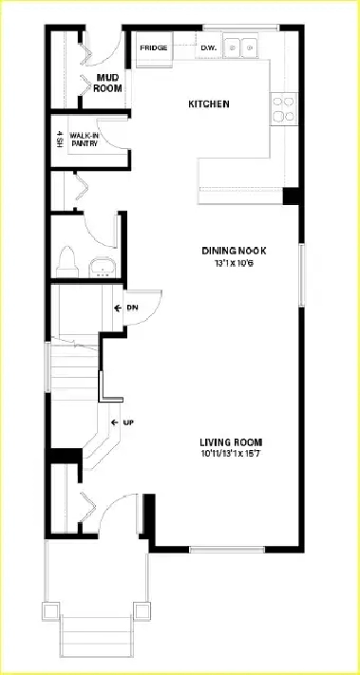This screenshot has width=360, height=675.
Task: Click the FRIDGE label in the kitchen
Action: tap(154, 47)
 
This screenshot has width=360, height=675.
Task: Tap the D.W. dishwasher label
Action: tap(209, 47)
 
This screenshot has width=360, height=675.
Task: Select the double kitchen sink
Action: tap(241, 47)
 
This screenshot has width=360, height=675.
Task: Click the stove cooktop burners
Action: tap(282, 108)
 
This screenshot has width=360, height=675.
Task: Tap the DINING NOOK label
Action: tap(234, 250)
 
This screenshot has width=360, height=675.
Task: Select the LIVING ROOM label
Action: tap(231, 442)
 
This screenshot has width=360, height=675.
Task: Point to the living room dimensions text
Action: tap(231, 454)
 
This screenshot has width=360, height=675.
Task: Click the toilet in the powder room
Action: tap(66, 258)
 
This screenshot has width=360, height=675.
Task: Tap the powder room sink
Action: tap(100, 265)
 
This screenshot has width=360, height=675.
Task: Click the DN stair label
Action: tap(132, 308)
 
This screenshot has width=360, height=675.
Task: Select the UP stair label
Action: tap(128, 422)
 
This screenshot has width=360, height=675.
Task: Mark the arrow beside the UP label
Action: tap(114, 422)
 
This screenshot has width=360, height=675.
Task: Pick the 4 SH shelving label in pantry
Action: tap(59, 140)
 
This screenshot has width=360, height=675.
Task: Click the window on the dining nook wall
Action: tap(301, 275)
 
